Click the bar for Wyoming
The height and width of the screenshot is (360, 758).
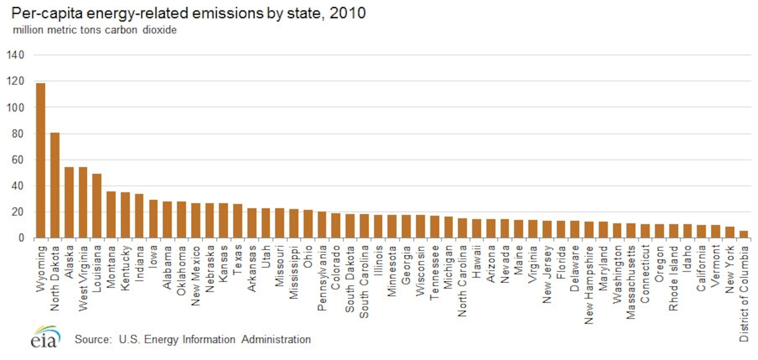pyautogui.click(x=41, y=160)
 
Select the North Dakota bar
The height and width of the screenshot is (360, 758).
pyautogui.click(x=55, y=185)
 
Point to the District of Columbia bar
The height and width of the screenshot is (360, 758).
pyautogui.click(x=744, y=234)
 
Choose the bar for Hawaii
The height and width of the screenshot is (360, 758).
pyautogui.click(x=476, y=228)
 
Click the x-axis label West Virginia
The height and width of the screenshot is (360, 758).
pyautogui.click(x=83, y=278)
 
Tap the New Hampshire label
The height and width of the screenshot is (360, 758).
pyautogui.click(x=589, y=285)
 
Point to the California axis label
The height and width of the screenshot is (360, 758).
pyautogui.click(x=701, y=268)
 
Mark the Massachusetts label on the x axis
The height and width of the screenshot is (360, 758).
pyautogui.click(x=631, y=282)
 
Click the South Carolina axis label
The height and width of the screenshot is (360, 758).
pyautogui.click(x=364, y=282)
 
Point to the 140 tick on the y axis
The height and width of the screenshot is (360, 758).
pyautogui.click(x=15, y=55)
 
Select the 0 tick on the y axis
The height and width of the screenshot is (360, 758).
pyautogui.click(x=21, y=238)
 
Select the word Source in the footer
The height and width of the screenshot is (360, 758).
pyautogui.click(x=93, y=340)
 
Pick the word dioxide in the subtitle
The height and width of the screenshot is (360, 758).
pyautogui.click(x=159, y=30)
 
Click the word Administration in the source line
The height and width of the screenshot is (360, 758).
pyautogui.click(x=276, y=340)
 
